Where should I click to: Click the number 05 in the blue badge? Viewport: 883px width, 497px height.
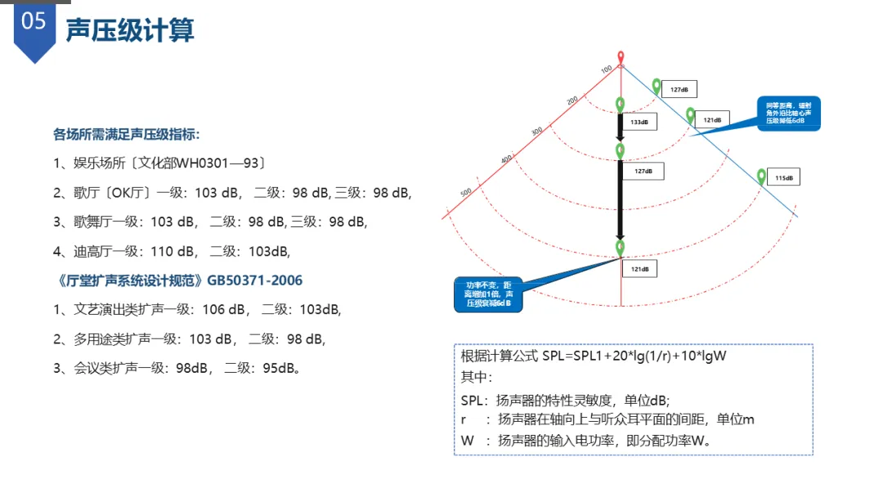34,22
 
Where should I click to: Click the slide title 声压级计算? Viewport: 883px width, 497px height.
130,29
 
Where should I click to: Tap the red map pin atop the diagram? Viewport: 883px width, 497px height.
621,57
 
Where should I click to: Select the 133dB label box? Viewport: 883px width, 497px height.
639,122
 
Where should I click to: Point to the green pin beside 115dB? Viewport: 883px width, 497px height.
762,176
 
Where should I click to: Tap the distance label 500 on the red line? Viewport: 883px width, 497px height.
466,192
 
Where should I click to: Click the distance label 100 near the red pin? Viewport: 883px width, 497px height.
606,69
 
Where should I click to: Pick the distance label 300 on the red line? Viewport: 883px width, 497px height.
536,130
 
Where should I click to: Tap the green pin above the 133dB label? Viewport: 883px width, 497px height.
621,104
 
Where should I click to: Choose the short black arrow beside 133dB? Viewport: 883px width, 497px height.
621,129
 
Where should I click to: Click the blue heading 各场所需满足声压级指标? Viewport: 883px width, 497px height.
127,133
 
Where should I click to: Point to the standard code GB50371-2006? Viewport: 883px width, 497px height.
254,280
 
